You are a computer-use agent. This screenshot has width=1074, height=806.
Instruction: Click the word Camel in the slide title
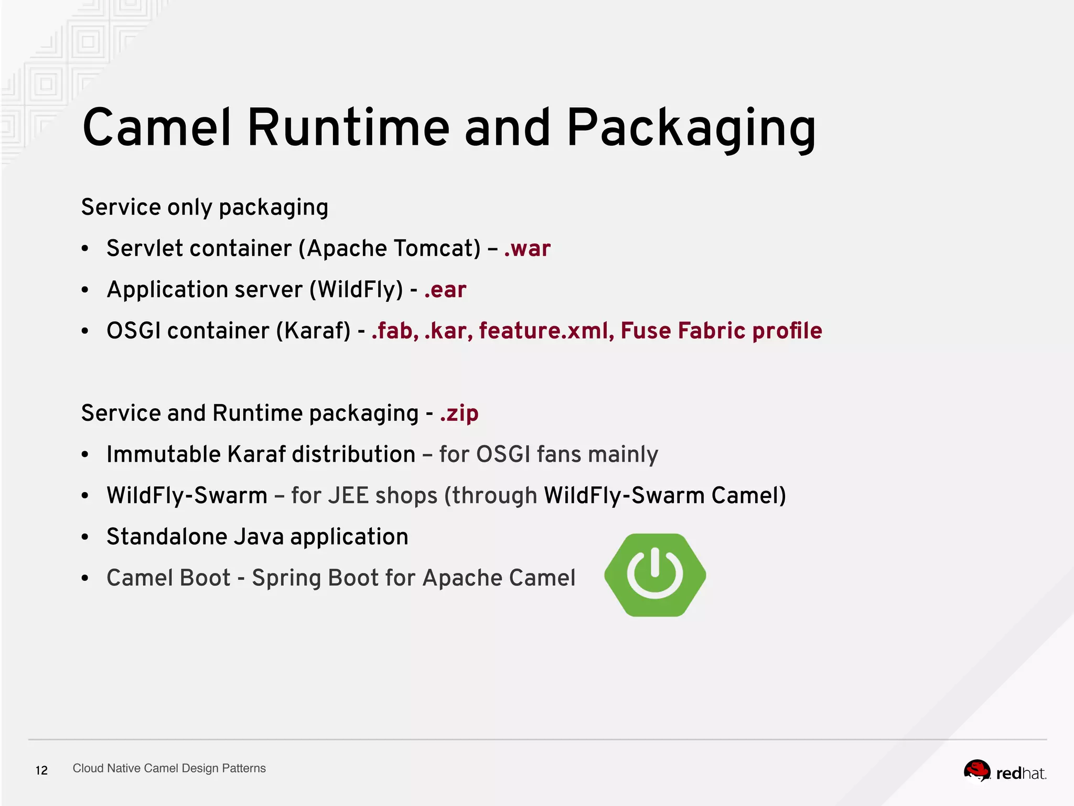coord(156,128)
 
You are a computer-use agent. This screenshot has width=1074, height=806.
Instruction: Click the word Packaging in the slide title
coord(691,129)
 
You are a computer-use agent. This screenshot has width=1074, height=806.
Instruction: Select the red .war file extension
coord(527,248)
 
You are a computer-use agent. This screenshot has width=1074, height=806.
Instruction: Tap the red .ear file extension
coord(445,290)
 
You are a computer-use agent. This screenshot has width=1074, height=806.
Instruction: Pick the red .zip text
coord(459,413)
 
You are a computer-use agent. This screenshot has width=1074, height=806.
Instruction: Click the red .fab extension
coord(394,331)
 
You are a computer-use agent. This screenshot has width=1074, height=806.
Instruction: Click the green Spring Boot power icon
coord(655,575)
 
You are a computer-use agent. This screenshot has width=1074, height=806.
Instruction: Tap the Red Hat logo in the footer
coord(1004,772)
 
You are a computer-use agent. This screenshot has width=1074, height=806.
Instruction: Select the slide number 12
coord(41,770)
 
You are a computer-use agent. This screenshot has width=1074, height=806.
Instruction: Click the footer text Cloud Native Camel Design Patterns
coord(169,768)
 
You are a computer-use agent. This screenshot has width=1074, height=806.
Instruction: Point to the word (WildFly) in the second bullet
coord(356,290)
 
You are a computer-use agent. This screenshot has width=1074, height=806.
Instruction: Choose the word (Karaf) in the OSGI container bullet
coord(313,331)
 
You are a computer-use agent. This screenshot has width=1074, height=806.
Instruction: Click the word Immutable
coord(163,454)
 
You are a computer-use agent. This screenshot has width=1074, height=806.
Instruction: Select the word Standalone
coord(166,537)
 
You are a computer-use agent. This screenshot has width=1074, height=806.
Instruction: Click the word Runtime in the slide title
coord(348,128)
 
